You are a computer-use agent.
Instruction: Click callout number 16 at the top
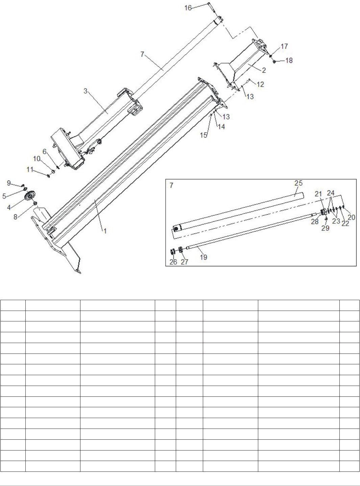[x=188, y=8]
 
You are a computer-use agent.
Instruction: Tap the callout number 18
[x=289, y=60]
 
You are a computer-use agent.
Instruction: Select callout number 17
[x=284, y=46]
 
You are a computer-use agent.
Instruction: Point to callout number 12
[x=260, y=84]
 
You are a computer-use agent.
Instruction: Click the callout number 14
[x=221, y=127]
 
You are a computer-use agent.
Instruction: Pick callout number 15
[x=204, y=135]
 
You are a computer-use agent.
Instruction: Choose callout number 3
[x=86, y=91]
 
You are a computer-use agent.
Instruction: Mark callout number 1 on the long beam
[x=105, y=231]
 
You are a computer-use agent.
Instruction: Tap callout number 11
[x=30, y=169]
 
